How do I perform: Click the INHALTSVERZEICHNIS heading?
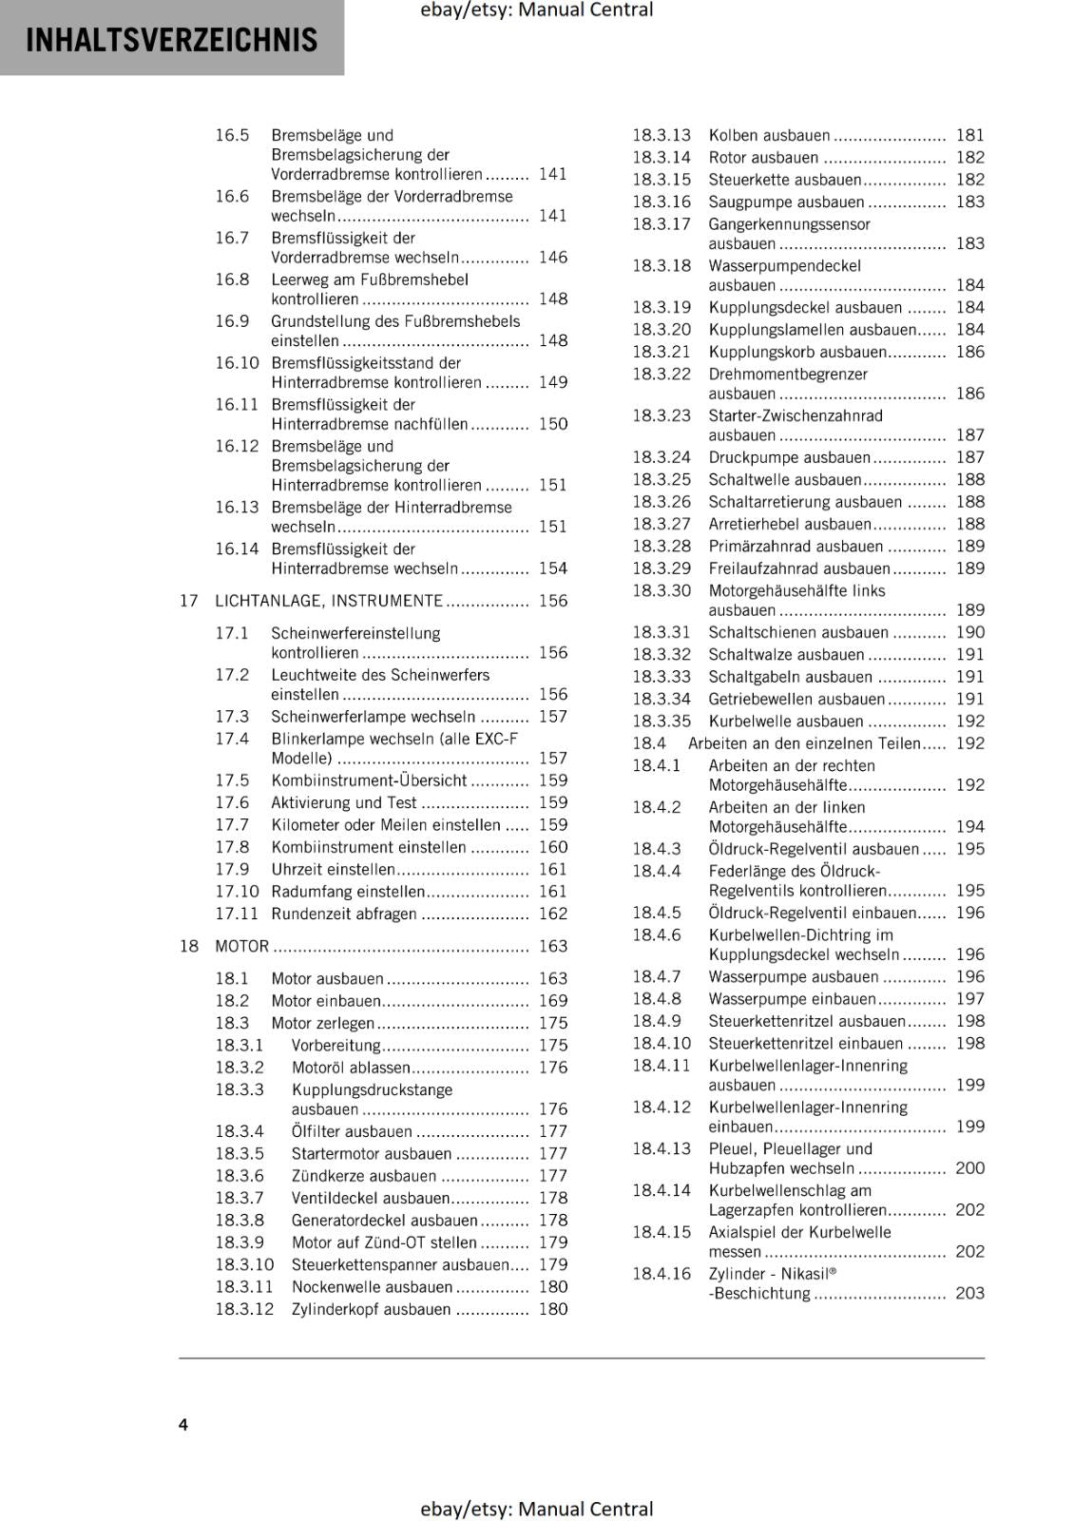(x=172, y=40)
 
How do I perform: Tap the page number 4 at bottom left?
(x=183, y=1424)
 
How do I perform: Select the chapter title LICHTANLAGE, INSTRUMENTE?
(x=329, y=601)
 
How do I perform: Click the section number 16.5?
(x=232, y=135)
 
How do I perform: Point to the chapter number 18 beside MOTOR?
(x=189, y=946)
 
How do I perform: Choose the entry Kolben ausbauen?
(x=769, y=135)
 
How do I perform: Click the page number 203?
(x=969, y=1293)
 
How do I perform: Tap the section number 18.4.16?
(x=662, y=1273)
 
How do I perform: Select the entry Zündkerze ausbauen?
(x=364, y=1176)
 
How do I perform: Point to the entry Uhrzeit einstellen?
(x=333, y=869)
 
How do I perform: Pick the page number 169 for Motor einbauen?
(x=552, y=1000)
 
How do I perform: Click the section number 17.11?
(x=237, y=914)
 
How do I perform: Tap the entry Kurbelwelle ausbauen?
(x=786, y=721)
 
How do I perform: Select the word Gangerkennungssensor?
(x=789, y=224)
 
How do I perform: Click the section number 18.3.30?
(x=662, y=590)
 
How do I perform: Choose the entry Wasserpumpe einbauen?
(x=793, y=998)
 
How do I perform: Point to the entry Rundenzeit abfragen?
(x=344, y=914)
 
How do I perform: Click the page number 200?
(x=969, y=1168)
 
